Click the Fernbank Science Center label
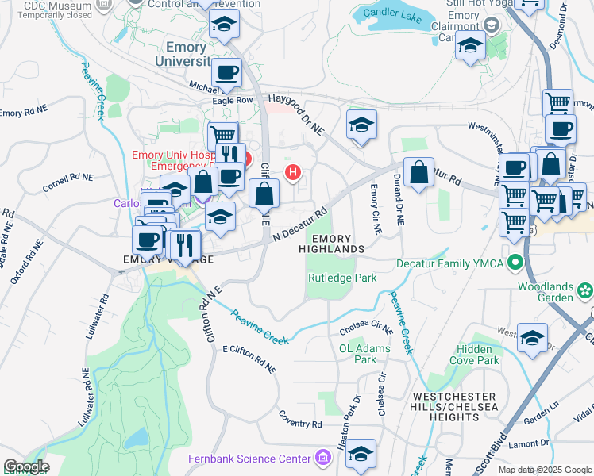pos(249,459)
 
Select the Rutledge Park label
pos(342,278)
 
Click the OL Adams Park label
pos(357,354)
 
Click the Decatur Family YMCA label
pos(450,262)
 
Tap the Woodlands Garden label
pos(545,291)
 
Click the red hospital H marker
pos(294,171)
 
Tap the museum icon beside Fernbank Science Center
pos(322,458)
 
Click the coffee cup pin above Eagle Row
pos(226,73)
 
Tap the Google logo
pos(25,466)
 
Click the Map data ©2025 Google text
pos(545,470)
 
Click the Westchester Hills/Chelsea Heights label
pos(453,406)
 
